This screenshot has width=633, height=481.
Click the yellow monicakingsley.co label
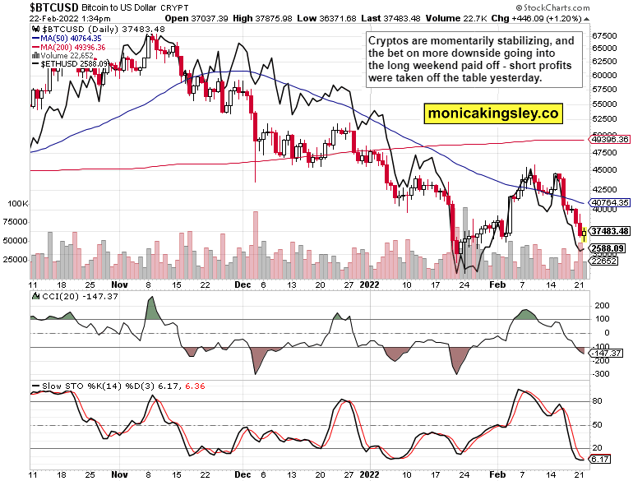point(492,113)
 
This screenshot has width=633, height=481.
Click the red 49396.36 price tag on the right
point(609,139)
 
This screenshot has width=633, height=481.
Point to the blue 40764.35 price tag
point(609,201)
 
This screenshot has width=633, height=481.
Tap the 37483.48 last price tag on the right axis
point(609,231)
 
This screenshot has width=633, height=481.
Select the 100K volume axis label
point(17,202)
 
